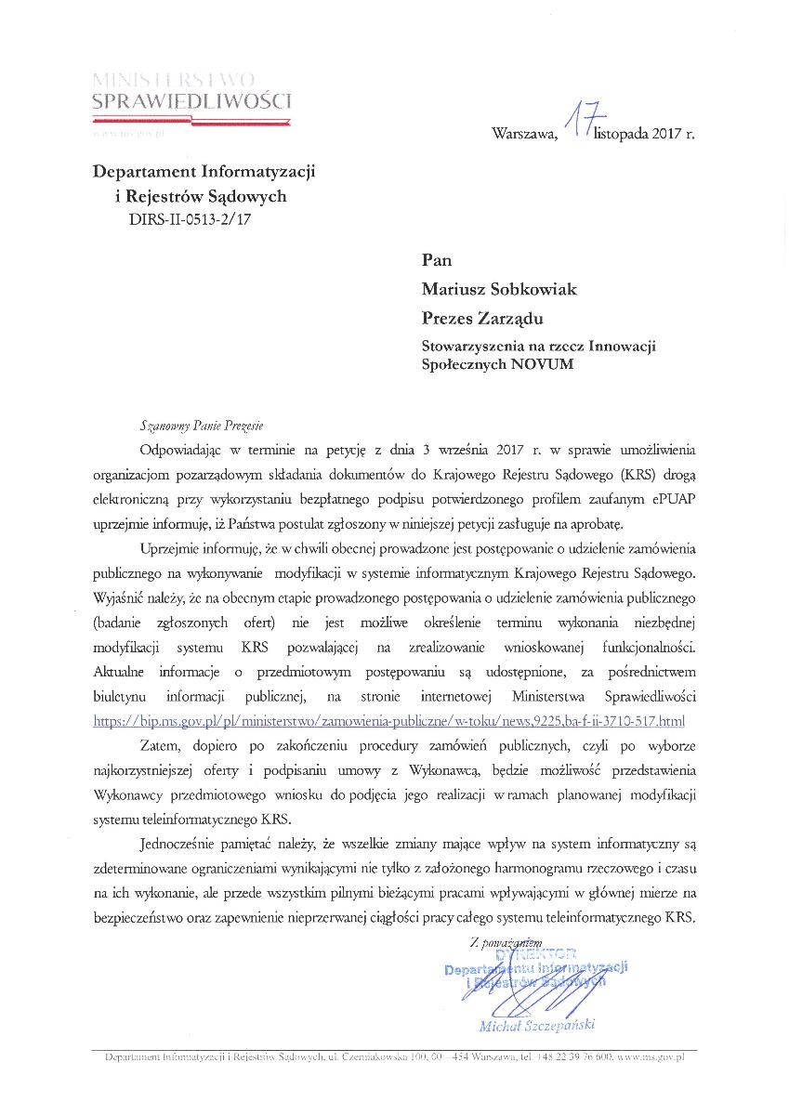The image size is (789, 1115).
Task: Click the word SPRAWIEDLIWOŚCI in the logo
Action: (x=191, y=101)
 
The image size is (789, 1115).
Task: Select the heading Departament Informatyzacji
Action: (x=204, y=172)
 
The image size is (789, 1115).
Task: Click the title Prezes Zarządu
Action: (x=482, y=319)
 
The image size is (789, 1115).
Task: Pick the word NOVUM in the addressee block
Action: (x=543, y=364)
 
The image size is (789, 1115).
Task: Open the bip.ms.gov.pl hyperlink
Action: (x=389, y=721)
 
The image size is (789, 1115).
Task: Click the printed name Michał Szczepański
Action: (x=536, y=1026)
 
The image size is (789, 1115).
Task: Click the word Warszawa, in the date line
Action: (x=525, y=133)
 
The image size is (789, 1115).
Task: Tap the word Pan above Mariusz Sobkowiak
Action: (x=437, y=260)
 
